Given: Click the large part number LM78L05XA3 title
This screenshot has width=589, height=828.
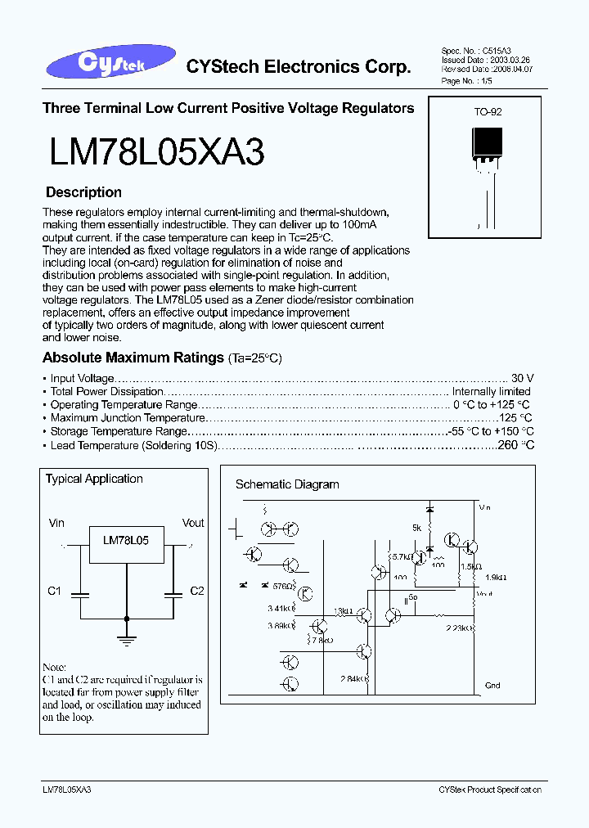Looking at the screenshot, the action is pos(156,152).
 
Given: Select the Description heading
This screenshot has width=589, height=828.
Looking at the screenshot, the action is pos(83,193).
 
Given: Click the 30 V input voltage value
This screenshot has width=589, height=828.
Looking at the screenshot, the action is pos(523,378).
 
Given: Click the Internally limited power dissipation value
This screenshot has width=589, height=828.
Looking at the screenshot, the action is pos(491,391).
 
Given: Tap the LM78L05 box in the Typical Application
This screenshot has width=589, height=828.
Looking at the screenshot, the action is pos(126,542).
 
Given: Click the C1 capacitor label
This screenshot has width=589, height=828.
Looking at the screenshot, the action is pos(55,591).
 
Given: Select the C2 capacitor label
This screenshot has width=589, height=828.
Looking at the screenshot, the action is pos(196,591).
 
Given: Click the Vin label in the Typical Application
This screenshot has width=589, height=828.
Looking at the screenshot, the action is pos(56,523).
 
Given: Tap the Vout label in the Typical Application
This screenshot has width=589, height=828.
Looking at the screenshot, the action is pos(193,523).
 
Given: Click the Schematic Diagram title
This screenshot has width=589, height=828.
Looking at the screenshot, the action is pos(287,484).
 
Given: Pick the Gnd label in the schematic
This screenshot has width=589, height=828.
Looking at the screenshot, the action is pos(492,686).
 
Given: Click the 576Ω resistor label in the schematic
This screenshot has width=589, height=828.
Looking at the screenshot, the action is pos(282,586).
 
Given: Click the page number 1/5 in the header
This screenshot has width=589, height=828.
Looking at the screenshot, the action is pos(485,82).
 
